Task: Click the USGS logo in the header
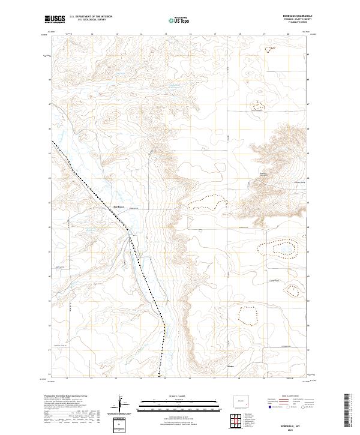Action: click(55, 19)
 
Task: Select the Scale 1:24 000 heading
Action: click(172, 397)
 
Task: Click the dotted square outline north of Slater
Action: click(247, 314)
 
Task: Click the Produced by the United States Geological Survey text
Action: click(64, 397)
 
